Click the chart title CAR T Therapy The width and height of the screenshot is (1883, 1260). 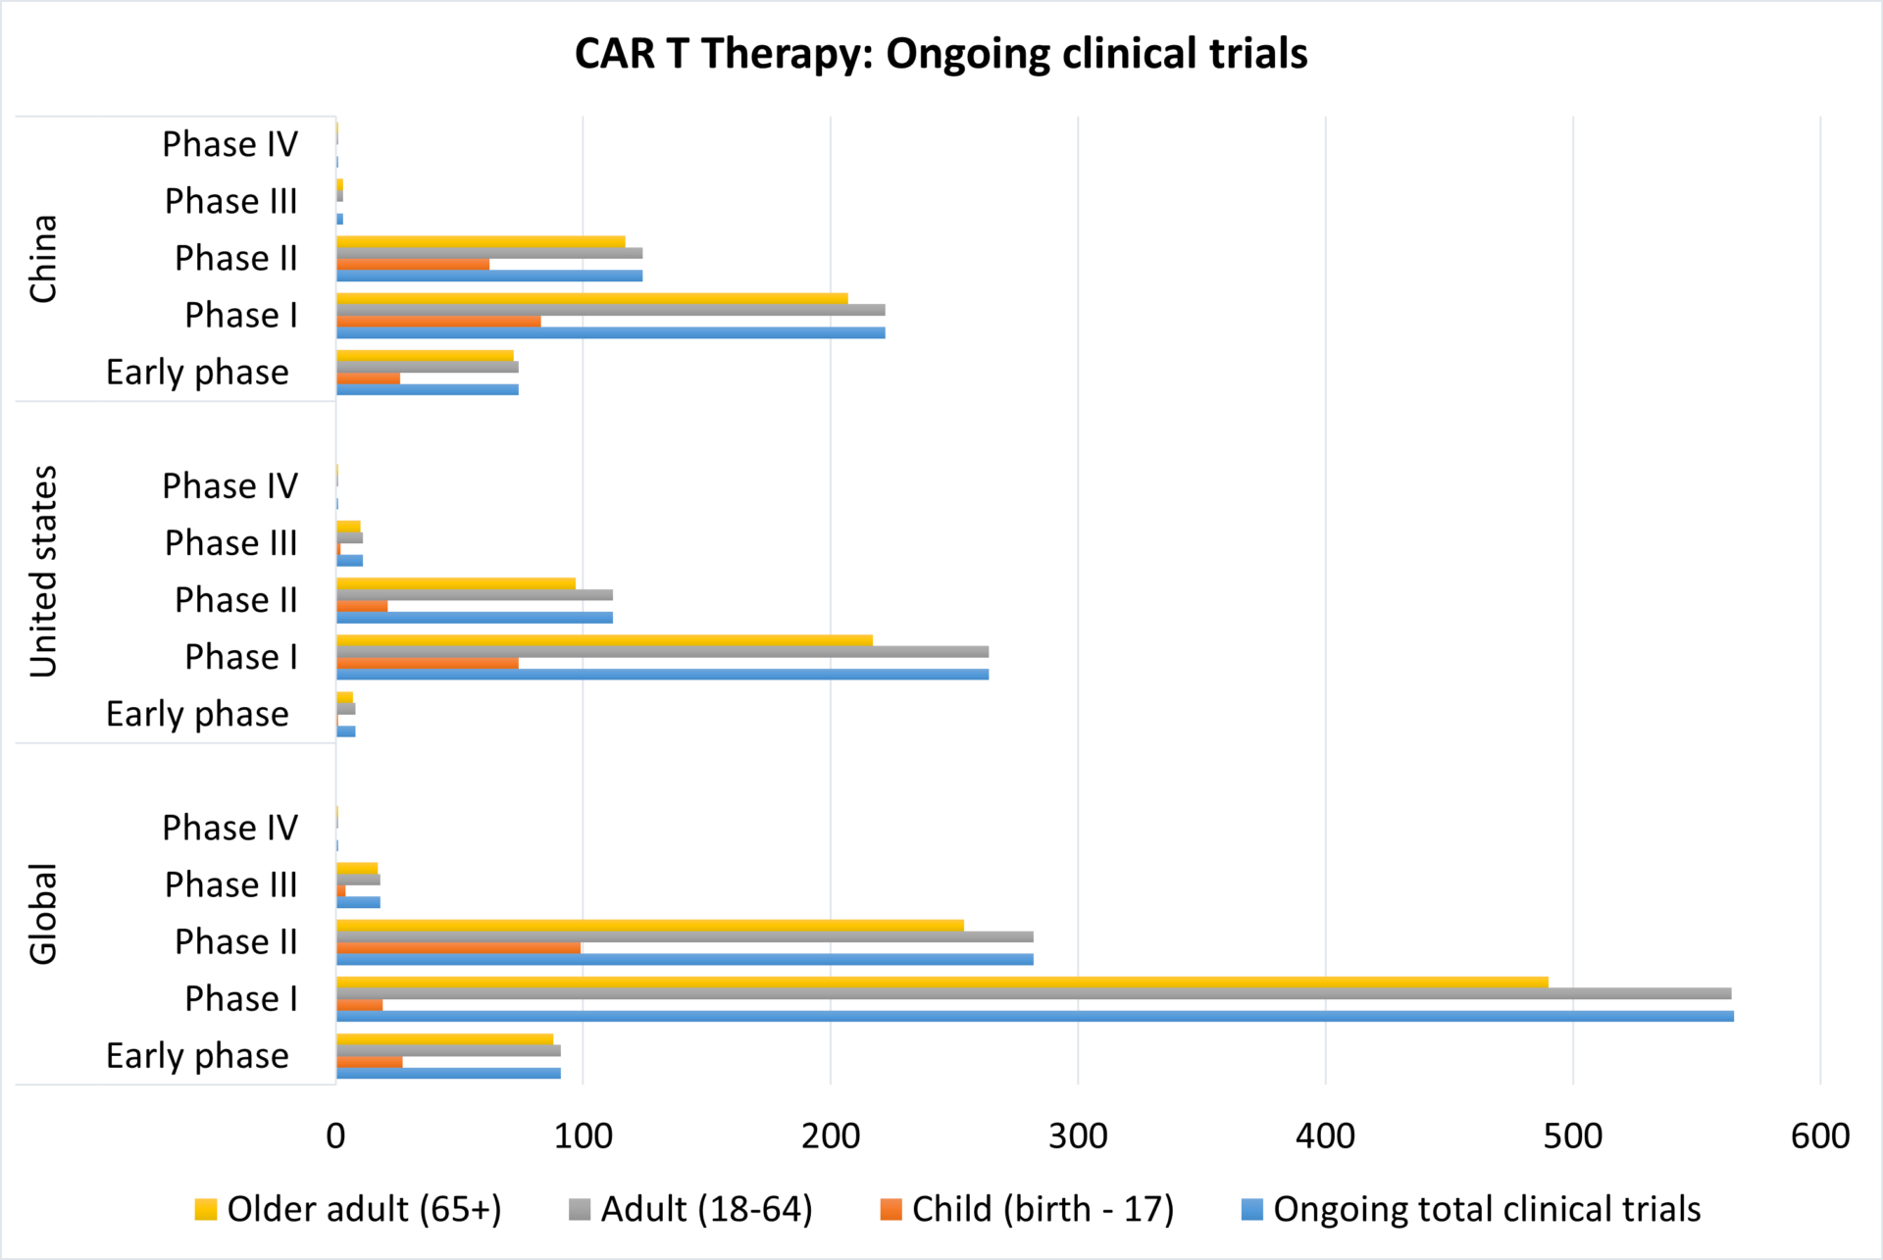coord(940,54)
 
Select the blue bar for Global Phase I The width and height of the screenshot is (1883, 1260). coord(1035,1016)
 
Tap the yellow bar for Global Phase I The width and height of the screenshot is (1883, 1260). coord(941,982)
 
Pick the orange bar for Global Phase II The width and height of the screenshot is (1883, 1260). coord(458,948)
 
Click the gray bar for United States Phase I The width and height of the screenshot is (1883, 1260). coord(662,652)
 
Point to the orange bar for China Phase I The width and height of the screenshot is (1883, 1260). coord(438,322)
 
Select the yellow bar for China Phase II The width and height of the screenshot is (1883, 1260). coord(481,241)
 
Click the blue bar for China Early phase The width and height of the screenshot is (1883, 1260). coord(428,389)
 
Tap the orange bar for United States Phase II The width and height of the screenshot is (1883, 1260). coord(362,606)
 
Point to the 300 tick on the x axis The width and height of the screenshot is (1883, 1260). coord(1078,1136)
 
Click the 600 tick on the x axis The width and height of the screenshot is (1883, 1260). coord(1819,1136)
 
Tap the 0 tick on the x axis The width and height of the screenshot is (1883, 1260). coord(335,1136)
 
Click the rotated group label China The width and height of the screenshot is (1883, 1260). coord(43,259)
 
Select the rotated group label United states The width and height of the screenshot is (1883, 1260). coord(43,572)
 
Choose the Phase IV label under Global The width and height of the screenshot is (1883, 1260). coord(229,828)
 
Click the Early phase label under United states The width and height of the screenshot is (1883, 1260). coord(197,714)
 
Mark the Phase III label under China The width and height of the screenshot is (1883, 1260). coord(230,201)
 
